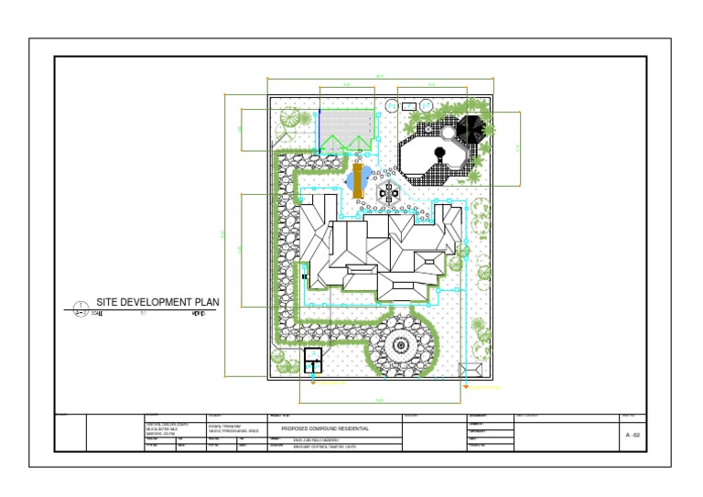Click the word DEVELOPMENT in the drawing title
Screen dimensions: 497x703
click(157, 301)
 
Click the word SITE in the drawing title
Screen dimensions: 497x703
click(107, 301)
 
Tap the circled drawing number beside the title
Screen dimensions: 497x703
click(81, 308)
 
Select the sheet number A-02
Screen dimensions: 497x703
click(633, 436)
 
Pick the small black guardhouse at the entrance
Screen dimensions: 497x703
click(313, 360)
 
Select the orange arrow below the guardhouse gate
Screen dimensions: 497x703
click(313, 384)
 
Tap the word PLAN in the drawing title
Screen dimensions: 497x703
click(206, 301)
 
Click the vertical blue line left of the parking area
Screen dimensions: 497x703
click(316, 128)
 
